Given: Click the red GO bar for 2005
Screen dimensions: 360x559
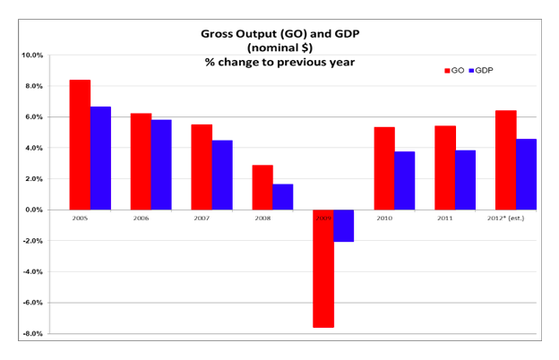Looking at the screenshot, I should coord(80,144).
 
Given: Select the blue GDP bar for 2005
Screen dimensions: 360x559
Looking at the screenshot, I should coord(100,158).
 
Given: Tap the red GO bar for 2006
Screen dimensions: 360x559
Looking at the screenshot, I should coord(141,161).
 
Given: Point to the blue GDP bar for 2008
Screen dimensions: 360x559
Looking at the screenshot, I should coord(283,197).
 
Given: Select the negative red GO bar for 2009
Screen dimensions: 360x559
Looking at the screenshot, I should coord(323,269).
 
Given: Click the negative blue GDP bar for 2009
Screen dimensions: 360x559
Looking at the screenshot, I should coord(344,226).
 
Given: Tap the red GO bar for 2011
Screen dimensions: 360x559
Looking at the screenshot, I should coord(445,167).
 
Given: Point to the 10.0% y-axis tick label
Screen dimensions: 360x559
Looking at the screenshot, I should coord(31,55).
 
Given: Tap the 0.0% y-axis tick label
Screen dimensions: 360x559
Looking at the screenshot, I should coord(32,210).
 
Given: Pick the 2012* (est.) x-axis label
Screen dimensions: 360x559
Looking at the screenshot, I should coord(515,217).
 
